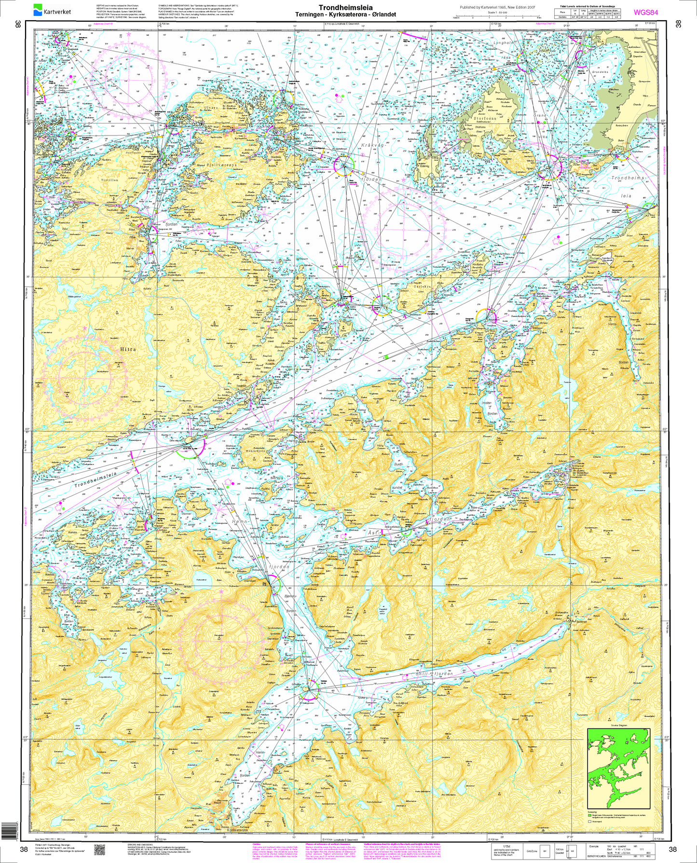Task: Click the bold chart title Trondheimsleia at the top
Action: coord(345,8)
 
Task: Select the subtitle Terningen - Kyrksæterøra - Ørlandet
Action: coord(345,14)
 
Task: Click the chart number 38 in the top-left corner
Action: coord(18,24)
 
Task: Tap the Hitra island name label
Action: coord(128,349)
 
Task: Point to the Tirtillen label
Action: coord(109,180)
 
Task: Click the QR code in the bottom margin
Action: coord(99,850)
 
